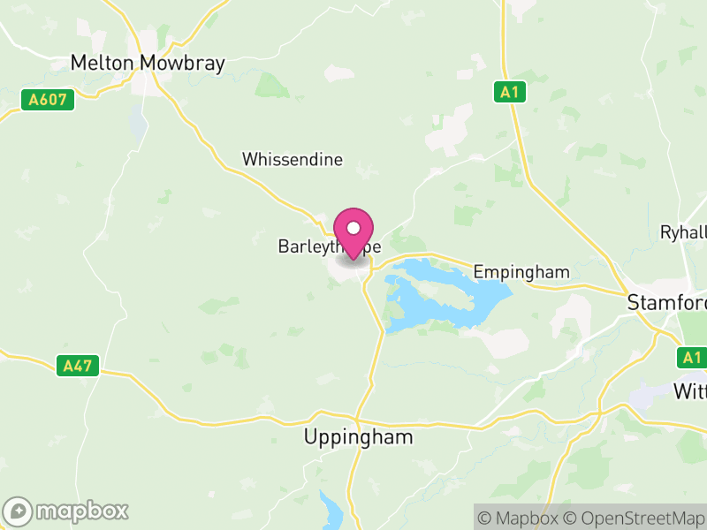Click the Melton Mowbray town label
148,64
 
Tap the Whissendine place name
293,160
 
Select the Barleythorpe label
329,248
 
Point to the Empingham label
521,272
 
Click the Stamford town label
666,303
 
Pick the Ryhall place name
683,232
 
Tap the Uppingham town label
358,436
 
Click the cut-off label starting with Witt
689,390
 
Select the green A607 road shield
48,100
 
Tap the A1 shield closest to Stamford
690,358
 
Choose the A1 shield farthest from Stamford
506,92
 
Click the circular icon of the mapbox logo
19,511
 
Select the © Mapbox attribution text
520,517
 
